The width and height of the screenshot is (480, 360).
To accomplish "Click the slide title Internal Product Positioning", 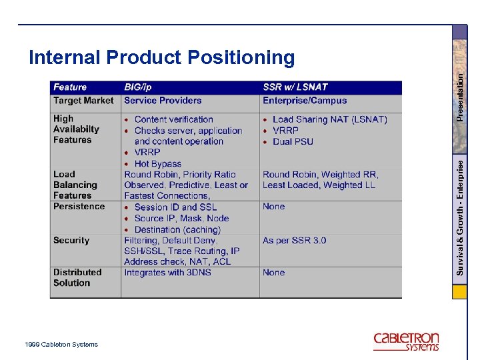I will [161, 58].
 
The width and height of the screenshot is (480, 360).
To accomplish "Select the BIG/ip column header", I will [138, 87].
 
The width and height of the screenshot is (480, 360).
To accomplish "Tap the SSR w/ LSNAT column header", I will [295, 87].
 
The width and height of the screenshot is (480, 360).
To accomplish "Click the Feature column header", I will [70, 87].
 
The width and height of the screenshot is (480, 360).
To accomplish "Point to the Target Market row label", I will [83, 101].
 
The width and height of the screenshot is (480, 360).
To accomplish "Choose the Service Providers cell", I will [163, 101].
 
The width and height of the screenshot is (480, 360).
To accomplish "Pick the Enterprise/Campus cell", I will [305, 101].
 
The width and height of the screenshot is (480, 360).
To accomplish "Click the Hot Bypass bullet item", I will [158, 163].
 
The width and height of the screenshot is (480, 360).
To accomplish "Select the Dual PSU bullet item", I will [293, 141].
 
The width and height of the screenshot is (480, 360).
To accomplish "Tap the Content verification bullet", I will [173, 119].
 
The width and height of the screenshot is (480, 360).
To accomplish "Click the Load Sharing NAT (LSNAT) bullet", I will [329, 119].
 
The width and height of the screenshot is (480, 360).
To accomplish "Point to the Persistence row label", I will [79, 206].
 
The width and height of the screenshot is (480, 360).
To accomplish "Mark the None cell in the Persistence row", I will [273, 206].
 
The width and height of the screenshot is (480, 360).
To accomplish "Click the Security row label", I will [71, 240].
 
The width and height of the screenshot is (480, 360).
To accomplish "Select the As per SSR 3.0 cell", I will [294, 240].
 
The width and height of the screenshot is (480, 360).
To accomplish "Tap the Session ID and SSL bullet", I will [175, 207].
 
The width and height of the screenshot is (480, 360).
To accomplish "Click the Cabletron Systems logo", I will [406, 341].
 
